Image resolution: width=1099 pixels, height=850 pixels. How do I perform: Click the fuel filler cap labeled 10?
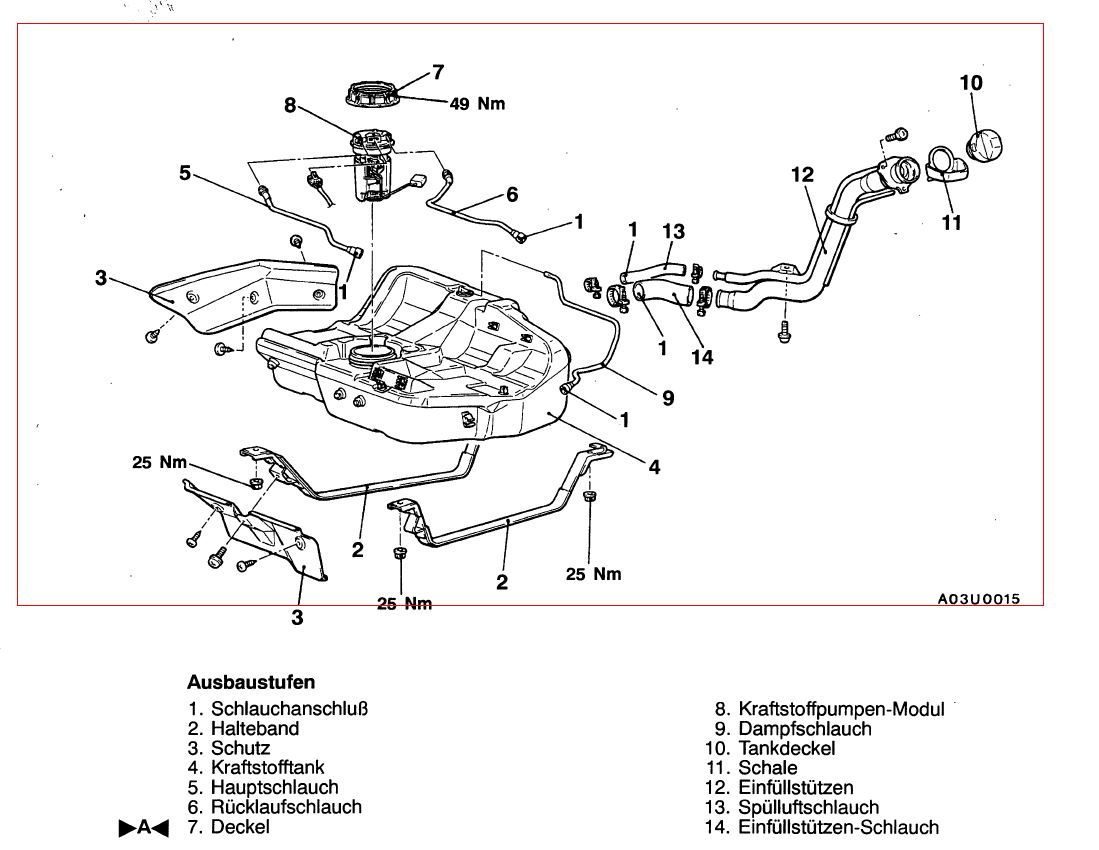[985, 145]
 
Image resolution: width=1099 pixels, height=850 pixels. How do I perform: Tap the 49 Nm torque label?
[477, 104]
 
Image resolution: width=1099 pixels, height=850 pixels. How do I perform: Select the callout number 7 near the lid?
[438, 72]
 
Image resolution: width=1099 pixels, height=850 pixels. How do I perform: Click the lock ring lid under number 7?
[372, 94]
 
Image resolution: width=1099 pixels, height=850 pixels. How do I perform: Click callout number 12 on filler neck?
[803, 174]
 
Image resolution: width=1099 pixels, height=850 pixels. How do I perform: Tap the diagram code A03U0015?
[979, 599]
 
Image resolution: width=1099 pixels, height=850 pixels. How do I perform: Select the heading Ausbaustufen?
[251, 682]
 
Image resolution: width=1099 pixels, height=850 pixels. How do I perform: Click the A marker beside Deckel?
[144, 828]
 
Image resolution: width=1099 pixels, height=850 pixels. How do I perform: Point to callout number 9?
[668, 398]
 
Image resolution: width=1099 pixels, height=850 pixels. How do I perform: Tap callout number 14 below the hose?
[702, 357]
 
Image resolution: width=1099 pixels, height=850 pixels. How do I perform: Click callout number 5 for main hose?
[185, 172]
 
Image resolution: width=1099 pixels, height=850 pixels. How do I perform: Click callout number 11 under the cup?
[951, 223]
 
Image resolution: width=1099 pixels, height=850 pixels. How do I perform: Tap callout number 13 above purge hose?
[673, 231]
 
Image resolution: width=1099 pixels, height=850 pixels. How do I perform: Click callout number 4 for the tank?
[654, 467]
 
